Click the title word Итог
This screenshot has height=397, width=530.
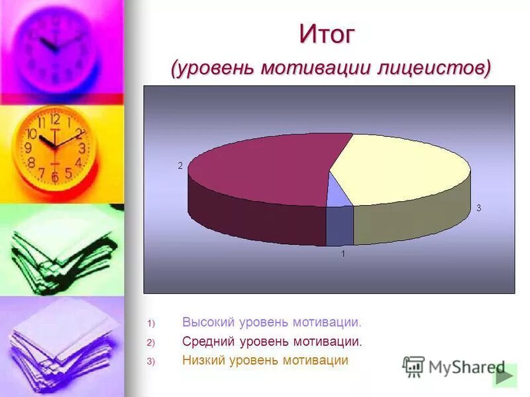pos(327,34)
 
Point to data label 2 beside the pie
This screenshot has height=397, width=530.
pos(180,166)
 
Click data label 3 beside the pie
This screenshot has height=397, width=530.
pos(478,208)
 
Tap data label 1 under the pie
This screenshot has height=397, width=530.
pos(343,253)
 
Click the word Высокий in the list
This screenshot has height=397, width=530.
pos(205,322)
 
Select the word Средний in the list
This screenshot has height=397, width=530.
pos(205,341)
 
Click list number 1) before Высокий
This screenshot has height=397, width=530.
pos(150,324)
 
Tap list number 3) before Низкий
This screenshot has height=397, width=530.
pos(150,361)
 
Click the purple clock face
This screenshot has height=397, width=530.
pos(56,46)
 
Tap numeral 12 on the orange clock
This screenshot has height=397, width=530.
pos(55,120)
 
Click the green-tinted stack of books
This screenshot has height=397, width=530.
pos(60,251)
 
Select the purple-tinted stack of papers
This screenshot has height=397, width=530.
pos(60,344)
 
